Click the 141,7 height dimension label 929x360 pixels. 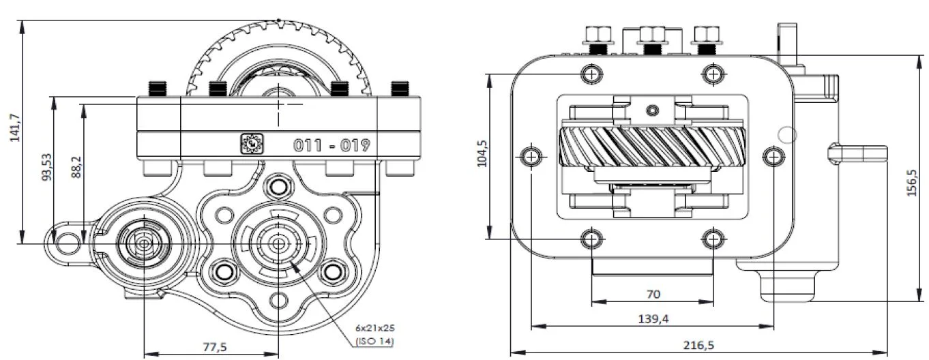tap(15, 127)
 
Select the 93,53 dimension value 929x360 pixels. tap(47, 167)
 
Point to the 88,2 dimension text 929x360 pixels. tap(76, 167)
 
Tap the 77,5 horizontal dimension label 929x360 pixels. tap(215, 347)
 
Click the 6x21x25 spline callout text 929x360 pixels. tap(375, 328)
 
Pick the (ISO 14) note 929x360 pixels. tap(374, 342)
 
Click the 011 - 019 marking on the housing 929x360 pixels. tap(331, 146)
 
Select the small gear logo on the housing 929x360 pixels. tap(252, 144)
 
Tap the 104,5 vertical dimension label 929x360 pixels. tap(482, 153)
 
